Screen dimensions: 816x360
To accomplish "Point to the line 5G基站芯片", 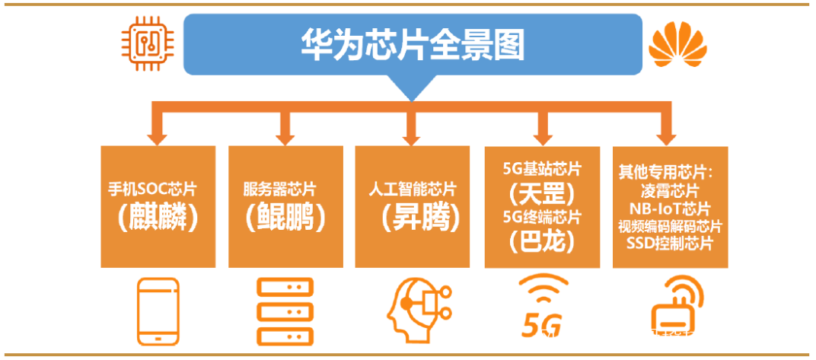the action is [542, 167].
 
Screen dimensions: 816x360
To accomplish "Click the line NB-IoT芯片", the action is [670, 208].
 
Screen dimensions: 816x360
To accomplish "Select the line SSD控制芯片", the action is [670, 244].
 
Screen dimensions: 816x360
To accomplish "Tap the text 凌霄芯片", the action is [670, 190].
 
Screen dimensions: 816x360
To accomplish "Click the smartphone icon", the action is [158, 311].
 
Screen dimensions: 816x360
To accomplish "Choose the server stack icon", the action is [285, 311].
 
